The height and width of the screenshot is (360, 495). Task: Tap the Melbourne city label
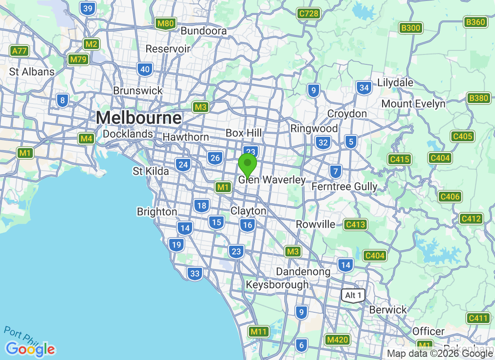(139, 118)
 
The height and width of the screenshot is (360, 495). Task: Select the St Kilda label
(151, 171)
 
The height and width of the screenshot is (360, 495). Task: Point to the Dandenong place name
(303, 271)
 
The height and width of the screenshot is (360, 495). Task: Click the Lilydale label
(395, 83)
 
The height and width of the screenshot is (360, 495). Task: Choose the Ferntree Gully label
(344, 186)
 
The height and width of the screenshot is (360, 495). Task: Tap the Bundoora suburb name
(203, 31)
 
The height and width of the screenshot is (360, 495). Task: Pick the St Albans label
(32, 72)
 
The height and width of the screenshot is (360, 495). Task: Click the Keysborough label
(277, 285)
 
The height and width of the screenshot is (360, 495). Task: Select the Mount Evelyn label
(413, 104)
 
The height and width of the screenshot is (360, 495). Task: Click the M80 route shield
(165, 23)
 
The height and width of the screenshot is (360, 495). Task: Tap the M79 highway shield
(78, 59)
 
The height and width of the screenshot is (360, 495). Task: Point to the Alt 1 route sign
(353, 295)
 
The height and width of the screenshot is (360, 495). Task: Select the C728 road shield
(309, 13)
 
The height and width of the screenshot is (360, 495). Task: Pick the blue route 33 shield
(195, 273)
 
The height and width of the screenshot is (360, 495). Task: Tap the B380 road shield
(478, 98)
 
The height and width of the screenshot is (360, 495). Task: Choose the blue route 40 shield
(145, 69)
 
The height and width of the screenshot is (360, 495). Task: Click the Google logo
(31, 349)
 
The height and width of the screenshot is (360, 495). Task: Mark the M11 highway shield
(259, 332)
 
